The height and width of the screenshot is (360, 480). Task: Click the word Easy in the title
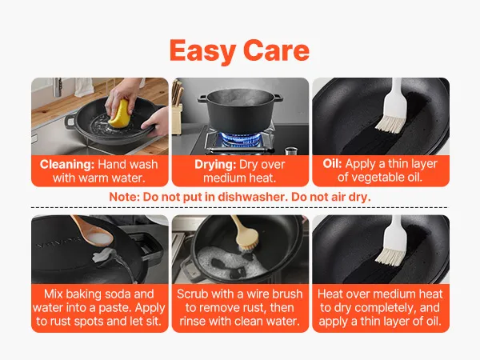tap(202, 51)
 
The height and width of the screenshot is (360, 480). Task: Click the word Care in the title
tap(277, 50)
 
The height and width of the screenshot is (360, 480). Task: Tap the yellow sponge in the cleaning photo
tap(118, 114)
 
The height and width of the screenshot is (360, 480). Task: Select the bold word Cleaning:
tap(67, 164)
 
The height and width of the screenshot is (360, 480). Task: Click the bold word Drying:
tap(215, 165)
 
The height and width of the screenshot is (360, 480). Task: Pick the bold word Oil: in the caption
tap(332, 164)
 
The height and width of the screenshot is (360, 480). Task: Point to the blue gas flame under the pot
tap(240, 138)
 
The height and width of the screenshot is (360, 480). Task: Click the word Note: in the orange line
tap(124, 197)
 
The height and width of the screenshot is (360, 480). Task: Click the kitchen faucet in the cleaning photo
tap(58, 86)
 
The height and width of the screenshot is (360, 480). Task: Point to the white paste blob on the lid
tap(102, 255)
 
